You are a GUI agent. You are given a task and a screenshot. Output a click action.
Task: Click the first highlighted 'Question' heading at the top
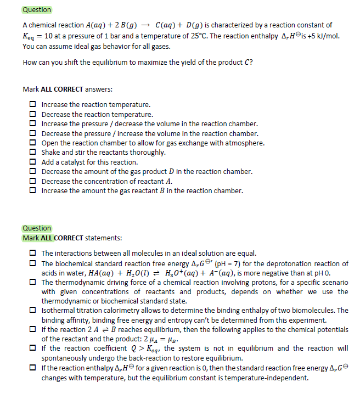click(37, 10)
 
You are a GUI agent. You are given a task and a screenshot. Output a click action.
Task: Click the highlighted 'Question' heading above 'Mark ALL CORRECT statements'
click(37, 228)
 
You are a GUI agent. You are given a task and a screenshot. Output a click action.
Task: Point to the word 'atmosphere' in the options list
click(244, 143)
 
